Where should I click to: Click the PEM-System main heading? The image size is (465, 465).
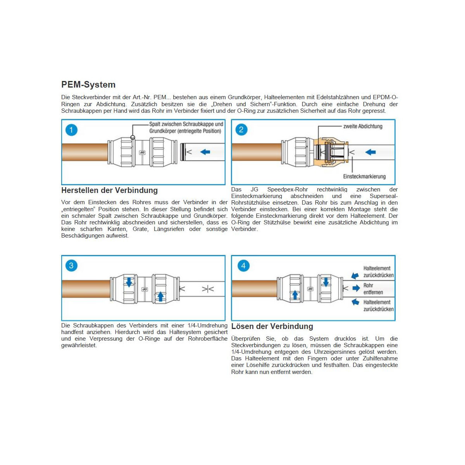click(x=88, y=85)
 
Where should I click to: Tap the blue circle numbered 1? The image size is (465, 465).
click(x=71, y=130)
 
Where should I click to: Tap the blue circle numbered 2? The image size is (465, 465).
click(x=241, y=130)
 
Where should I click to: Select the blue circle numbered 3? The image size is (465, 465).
click(x=71, y=266)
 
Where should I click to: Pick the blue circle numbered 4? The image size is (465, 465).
click(x=243, y=266)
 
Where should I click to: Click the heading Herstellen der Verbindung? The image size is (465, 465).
click(x=109, y=190)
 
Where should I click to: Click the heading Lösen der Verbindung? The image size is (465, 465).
click(x=272, y=326)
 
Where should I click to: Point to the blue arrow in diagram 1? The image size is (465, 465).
click(x=205, y=152)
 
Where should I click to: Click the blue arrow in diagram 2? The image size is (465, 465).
click(x=370, y=152)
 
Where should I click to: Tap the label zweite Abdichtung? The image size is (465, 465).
click(x=363, y=126)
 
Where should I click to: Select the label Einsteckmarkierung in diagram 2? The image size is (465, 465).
click(x=364, y=176)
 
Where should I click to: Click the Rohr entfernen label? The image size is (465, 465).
click(x=373, y=289)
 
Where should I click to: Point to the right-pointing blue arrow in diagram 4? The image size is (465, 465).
click(x=356, y=288)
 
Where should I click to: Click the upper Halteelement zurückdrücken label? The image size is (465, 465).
click(x=378, y=272)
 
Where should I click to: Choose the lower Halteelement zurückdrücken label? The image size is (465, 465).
click(x=378, y=305)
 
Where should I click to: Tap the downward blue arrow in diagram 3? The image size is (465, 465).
click(x=129, y=282)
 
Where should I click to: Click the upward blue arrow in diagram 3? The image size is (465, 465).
click(x=160, y=296)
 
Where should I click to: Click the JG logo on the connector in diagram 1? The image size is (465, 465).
click(x=142, y=153)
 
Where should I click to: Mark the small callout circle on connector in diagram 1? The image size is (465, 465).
click(x=133, y=138)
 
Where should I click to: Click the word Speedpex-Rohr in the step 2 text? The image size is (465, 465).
click(x=288, y=189)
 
